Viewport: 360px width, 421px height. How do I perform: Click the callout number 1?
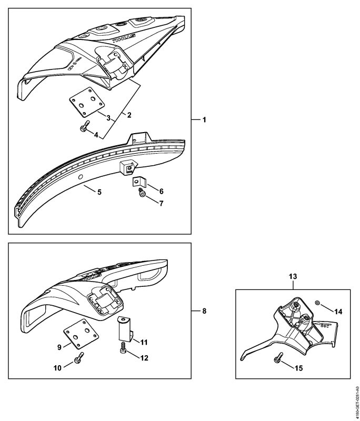[x=205, y=120]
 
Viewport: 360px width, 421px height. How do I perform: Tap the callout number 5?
[x=99, y=191]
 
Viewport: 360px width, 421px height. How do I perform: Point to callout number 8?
[x=205, y=311]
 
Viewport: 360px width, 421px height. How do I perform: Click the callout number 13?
[x=293, y=275]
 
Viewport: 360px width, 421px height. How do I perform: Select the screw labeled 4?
[x=84, y=128]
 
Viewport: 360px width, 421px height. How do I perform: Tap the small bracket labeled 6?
[x=137, y=182]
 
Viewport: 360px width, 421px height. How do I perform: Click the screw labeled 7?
[x=142, y=194]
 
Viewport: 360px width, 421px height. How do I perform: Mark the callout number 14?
[x=338, y=311]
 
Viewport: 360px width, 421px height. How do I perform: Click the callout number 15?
[x=298, y=368]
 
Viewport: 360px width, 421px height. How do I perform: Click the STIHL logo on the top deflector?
[x=124, y=39]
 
